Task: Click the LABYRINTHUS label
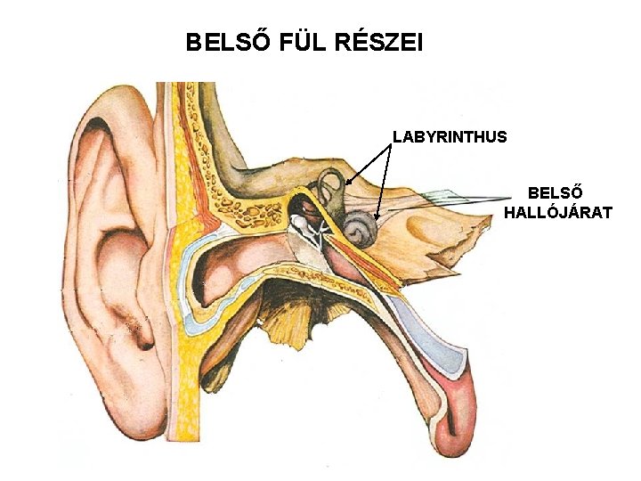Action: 450,137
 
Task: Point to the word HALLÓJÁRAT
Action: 557,212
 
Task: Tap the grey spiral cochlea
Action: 361,228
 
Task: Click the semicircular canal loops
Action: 329,186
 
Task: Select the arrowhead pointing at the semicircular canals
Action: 348,183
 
